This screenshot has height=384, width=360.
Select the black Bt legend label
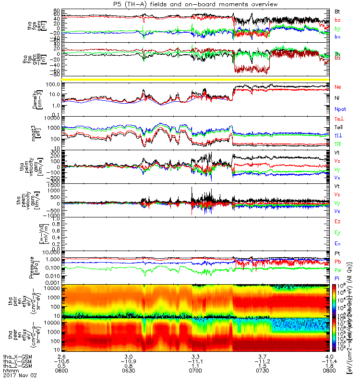pyautogui.click(x=337, y=11)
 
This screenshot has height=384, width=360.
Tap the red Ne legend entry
pyautogui.click(x=338, y=87)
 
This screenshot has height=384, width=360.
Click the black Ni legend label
pyautogui.click(x=337, y=98)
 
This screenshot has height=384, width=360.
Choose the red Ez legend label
pyautogui.click(x=338, y=222)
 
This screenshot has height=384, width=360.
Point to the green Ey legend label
pyautogui.click(x=338, y=233)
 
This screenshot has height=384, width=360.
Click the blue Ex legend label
pyautogui.click(x=338, y=244)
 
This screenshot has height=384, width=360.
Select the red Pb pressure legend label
pyautogui.click(x=338, y=262)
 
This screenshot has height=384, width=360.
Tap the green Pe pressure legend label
pyautogui.click(x=338, y=270)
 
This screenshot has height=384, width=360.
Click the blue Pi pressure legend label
pyautogui.click(x=337, y=278)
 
